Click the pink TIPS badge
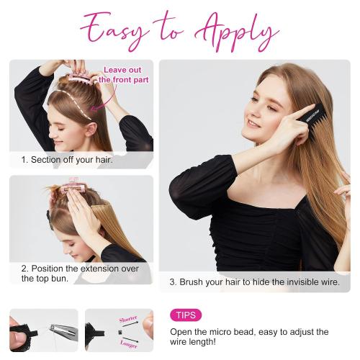pyautogui.click(x=186, y=315)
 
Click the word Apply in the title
pyautogui.click(x=236, y=32)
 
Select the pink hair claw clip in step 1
pyautogui.click(x=81, y=78)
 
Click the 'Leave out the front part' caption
pyautogui.click(x=124, y=75)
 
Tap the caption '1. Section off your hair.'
pyautogui.click(x=67, y=160)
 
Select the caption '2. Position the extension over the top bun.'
pyautogui.click(x=80, y=274)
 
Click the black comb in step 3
pyautogui.click(x=314, y=120)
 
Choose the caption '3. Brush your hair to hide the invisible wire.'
pyautogui.click(x=255, y=282)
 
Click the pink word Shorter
pyautogui.click(x=128, y=319)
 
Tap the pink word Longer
pyautogui.click(x=129, y=344)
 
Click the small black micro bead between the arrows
pyautogui.click(x=120, y=333)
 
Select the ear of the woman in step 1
pyautogui.click(x=91, y=130)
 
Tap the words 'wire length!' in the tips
pyautogui.click(x=193, y=341)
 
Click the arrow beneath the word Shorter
pyautogui.click(x=130, y=324)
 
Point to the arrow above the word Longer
pyautogui.click(x=130, y=339)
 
